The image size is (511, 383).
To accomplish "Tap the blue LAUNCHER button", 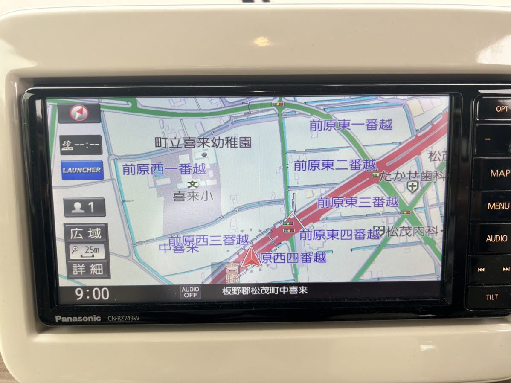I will coord(82,170).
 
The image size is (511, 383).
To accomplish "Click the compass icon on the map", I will coord(80,113).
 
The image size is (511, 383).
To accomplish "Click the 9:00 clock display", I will coord(92,294).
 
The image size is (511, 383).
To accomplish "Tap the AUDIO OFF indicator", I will coord(190,292).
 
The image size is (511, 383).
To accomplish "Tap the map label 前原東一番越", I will coord(351,125).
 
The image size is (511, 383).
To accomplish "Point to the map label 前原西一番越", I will coord(164,169).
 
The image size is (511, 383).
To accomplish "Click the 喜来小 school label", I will coord(193,196).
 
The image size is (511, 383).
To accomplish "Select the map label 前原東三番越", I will coord(357,202).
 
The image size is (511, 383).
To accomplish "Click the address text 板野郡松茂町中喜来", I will coord(265,291).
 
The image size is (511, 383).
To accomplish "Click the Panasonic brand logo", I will coord(78,319).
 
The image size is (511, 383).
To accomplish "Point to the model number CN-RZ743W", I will coord(124,318).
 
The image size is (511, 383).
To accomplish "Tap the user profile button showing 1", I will coord(84,208).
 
